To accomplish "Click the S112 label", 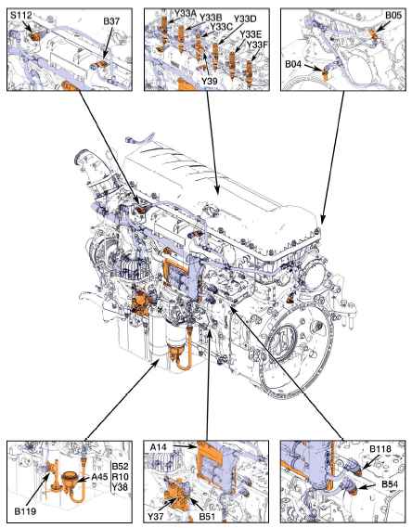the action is pyautogui.click(x=20, y=15).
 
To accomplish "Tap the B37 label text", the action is pyautogui.click(x=111, y=20).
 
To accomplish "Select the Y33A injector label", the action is pyautogui.click(x=186, y=13).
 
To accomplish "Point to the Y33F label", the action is pyautogui.click(x=256, y=45).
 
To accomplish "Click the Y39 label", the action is pyautogui.click(x=209, y=81).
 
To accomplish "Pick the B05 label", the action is pyautogui.click(x=393, y=15).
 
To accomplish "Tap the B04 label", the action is pyautogui.click(x=293, y=64).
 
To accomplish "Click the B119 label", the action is pyautogui.click(x=25, y=511).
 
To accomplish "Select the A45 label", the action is pyautogui.click(x=99, y=476).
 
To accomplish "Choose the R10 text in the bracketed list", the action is pyautogui.click(x=120, y=476).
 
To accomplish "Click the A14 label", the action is pyautogui.click(x=159, y=447).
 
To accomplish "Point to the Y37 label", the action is pyautogui.click(x=156, y=516).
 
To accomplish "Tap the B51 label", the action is pyautogui.click(x=207, y=516).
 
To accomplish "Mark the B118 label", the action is pyautogui.click(x=380, y=448).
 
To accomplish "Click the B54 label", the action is pyautogui.click(x=390, y=484).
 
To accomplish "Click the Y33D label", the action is pyautogui.click(x=245, y=19).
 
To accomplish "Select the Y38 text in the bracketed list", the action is pyautogui.click(x=120, y=486).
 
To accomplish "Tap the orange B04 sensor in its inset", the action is pyautogui.click(x=325, y=75).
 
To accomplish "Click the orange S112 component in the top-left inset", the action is pyautogui.click(x=34, y=35).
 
